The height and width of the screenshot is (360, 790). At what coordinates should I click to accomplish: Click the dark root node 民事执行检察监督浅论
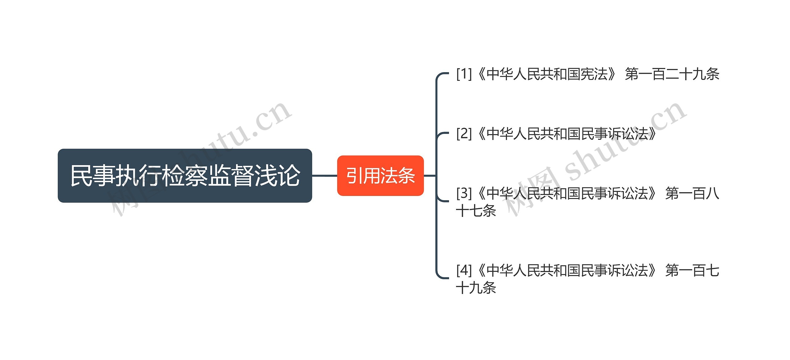(x=185, y=176)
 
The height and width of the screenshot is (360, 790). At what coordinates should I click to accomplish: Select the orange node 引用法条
(x=380, y=176)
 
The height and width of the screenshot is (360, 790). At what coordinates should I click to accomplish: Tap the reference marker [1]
(x=464, y=74)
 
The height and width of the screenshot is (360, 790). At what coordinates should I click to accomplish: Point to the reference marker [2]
(x=464, y=134)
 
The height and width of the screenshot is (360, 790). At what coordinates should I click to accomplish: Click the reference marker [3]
(x=464, y=193)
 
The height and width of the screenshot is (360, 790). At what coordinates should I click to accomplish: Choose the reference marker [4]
(x=464, y=271)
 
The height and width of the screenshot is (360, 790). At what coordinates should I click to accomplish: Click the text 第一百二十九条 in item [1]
(x=672, y=74)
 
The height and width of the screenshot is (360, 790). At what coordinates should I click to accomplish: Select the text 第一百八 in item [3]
(x=692, y=194)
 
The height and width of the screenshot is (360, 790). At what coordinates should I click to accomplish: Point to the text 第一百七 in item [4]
(x=692, y=271)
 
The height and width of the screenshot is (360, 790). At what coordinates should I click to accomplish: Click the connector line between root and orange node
(x=324, y=176)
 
